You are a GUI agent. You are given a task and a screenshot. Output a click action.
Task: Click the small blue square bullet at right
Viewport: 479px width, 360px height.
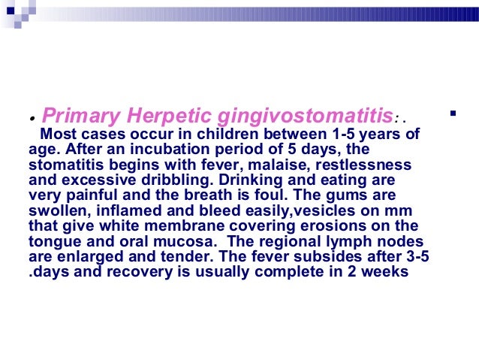click(452, 114)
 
